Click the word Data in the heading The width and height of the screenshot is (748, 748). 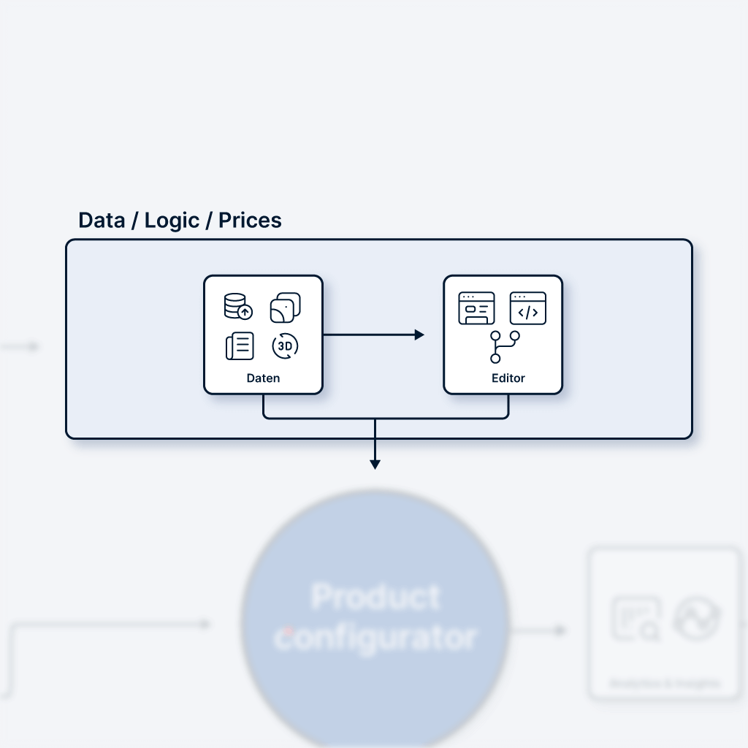102,221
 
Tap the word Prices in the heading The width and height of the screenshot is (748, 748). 250,221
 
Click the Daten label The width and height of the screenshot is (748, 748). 263,378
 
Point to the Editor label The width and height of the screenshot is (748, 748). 508,378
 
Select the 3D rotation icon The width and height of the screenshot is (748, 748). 285,346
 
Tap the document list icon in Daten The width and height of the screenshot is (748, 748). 240,346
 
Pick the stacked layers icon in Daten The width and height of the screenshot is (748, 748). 285,308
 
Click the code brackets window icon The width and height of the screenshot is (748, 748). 528,308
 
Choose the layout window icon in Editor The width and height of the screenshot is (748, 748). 476,308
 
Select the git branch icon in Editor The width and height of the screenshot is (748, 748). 504,347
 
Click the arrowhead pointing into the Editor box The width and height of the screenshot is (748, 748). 419,335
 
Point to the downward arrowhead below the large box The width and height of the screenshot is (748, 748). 375,464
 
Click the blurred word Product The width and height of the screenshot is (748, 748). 375,598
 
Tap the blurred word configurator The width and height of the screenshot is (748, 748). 375,637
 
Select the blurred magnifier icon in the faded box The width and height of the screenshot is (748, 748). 636,619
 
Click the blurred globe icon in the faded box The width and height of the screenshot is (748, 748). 696,619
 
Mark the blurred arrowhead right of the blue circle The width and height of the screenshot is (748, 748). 560,630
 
